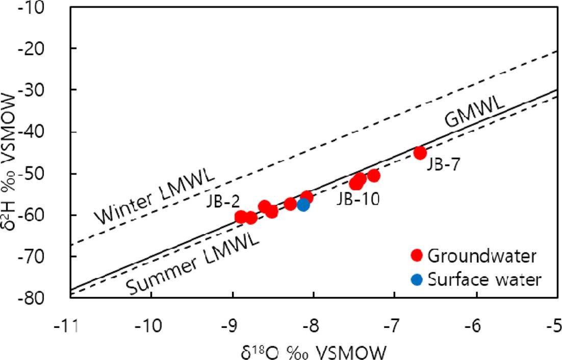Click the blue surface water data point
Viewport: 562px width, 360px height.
(x=303, y=204)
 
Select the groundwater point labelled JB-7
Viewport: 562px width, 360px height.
(x=420, y=152)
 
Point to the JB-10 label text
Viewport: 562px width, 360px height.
(x=357, y=199)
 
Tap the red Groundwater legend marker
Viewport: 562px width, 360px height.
(x=418, y=254)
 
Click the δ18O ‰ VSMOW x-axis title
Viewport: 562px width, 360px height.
(x=312, y=350)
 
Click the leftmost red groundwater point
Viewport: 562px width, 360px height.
(x=241, y=217)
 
